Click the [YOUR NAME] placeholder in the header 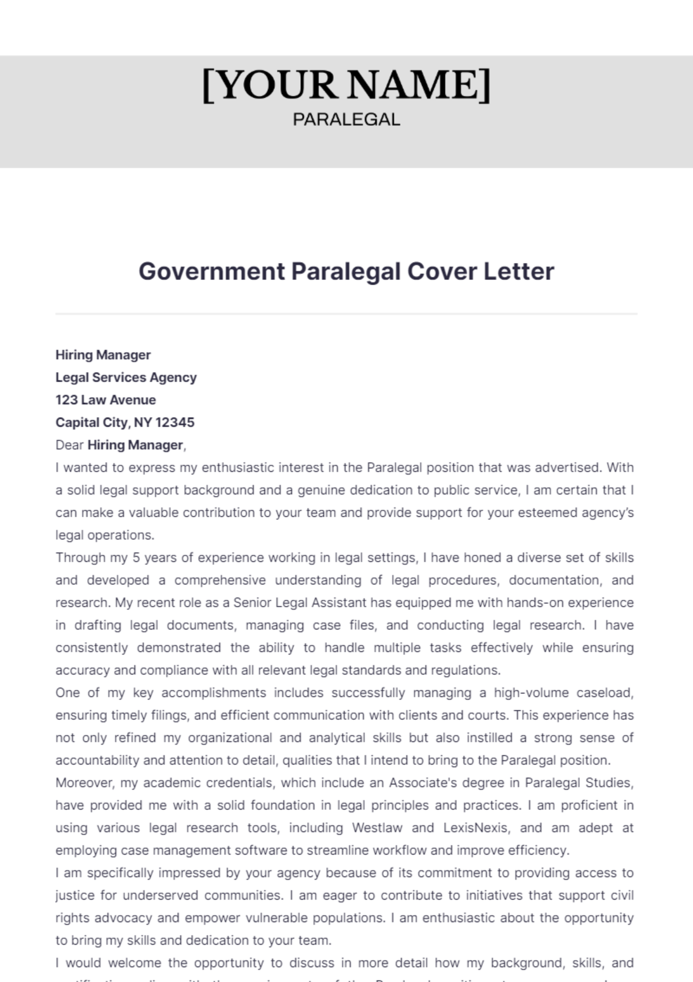[346, 85]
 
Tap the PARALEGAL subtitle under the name [346, 120]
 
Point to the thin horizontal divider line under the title [346, 314]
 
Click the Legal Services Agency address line [126, 378]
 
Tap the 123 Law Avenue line [106, 400]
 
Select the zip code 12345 [175, 423]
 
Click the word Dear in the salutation [69, 445]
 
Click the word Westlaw [377, 828]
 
